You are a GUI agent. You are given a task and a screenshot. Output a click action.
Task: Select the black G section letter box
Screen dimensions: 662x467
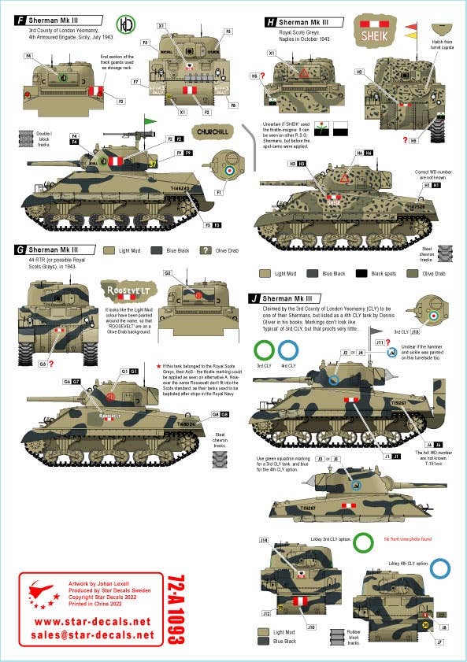coord(20,250)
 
